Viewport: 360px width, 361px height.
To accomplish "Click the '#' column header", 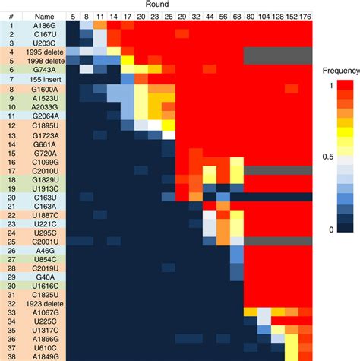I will [x=11, y=15].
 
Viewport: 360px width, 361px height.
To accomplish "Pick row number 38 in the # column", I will [x=11, y=356].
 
